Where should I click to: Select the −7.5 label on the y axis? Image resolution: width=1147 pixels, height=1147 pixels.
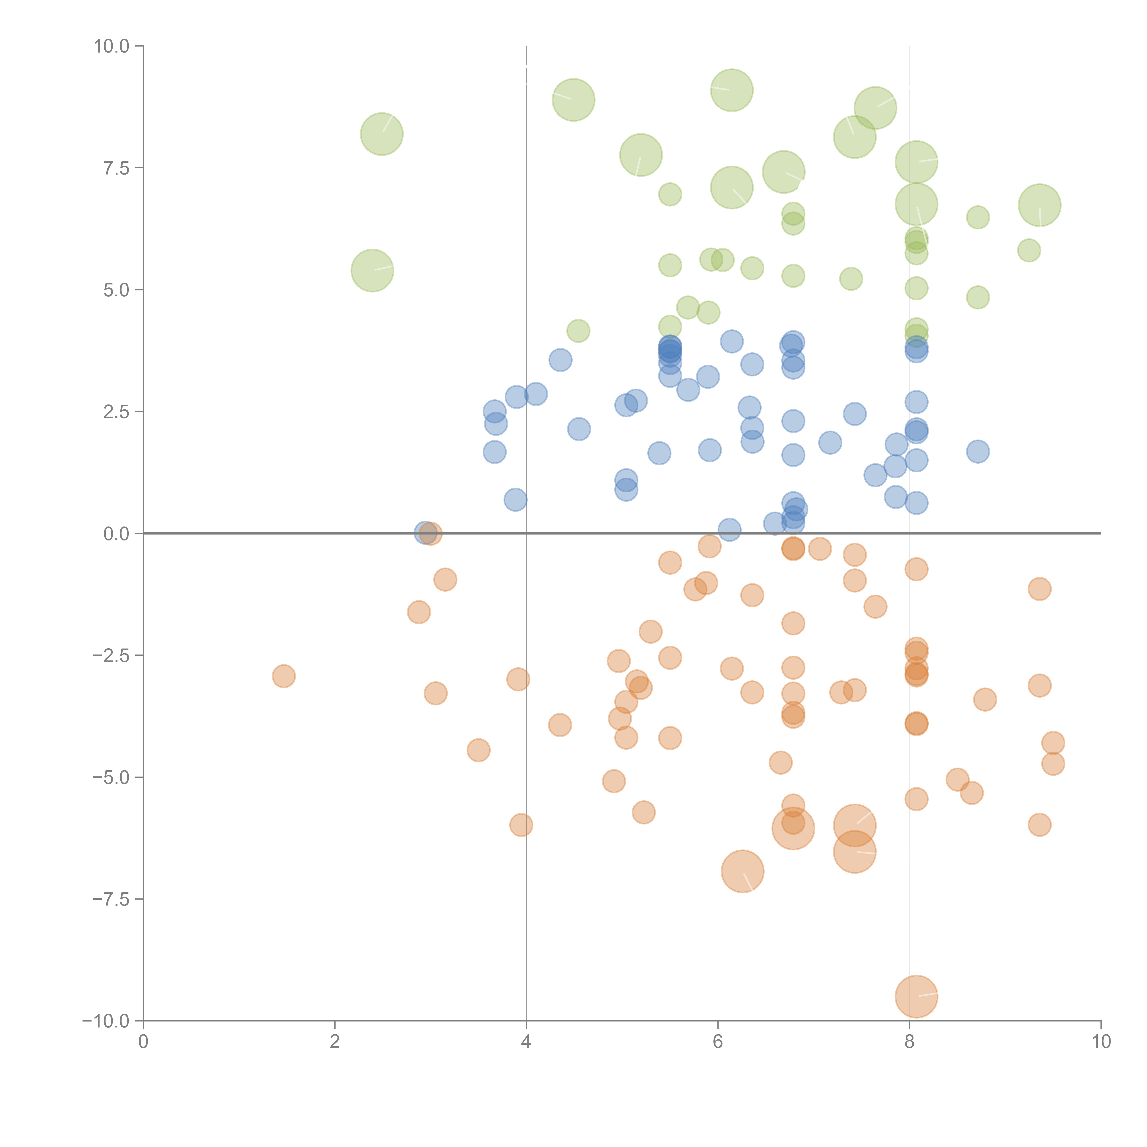point(111,899)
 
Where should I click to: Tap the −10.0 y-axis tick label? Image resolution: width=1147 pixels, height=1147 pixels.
point(106,1021)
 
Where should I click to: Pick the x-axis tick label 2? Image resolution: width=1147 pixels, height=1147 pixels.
point(335,1042)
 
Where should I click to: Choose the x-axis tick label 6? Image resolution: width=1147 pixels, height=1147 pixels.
point(718,1042)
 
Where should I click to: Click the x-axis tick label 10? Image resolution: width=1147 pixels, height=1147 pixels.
point(1101,1042)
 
